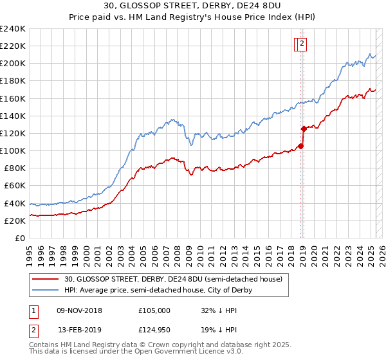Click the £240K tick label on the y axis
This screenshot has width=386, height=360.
13,29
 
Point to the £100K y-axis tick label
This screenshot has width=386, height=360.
13,150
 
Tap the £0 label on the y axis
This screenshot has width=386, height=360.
20,238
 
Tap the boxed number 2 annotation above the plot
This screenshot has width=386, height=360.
302,44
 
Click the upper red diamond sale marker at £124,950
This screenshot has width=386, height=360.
304,129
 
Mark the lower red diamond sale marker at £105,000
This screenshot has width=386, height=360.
301,146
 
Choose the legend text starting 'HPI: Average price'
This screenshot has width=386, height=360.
158,290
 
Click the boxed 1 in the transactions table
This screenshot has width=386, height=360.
33,310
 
